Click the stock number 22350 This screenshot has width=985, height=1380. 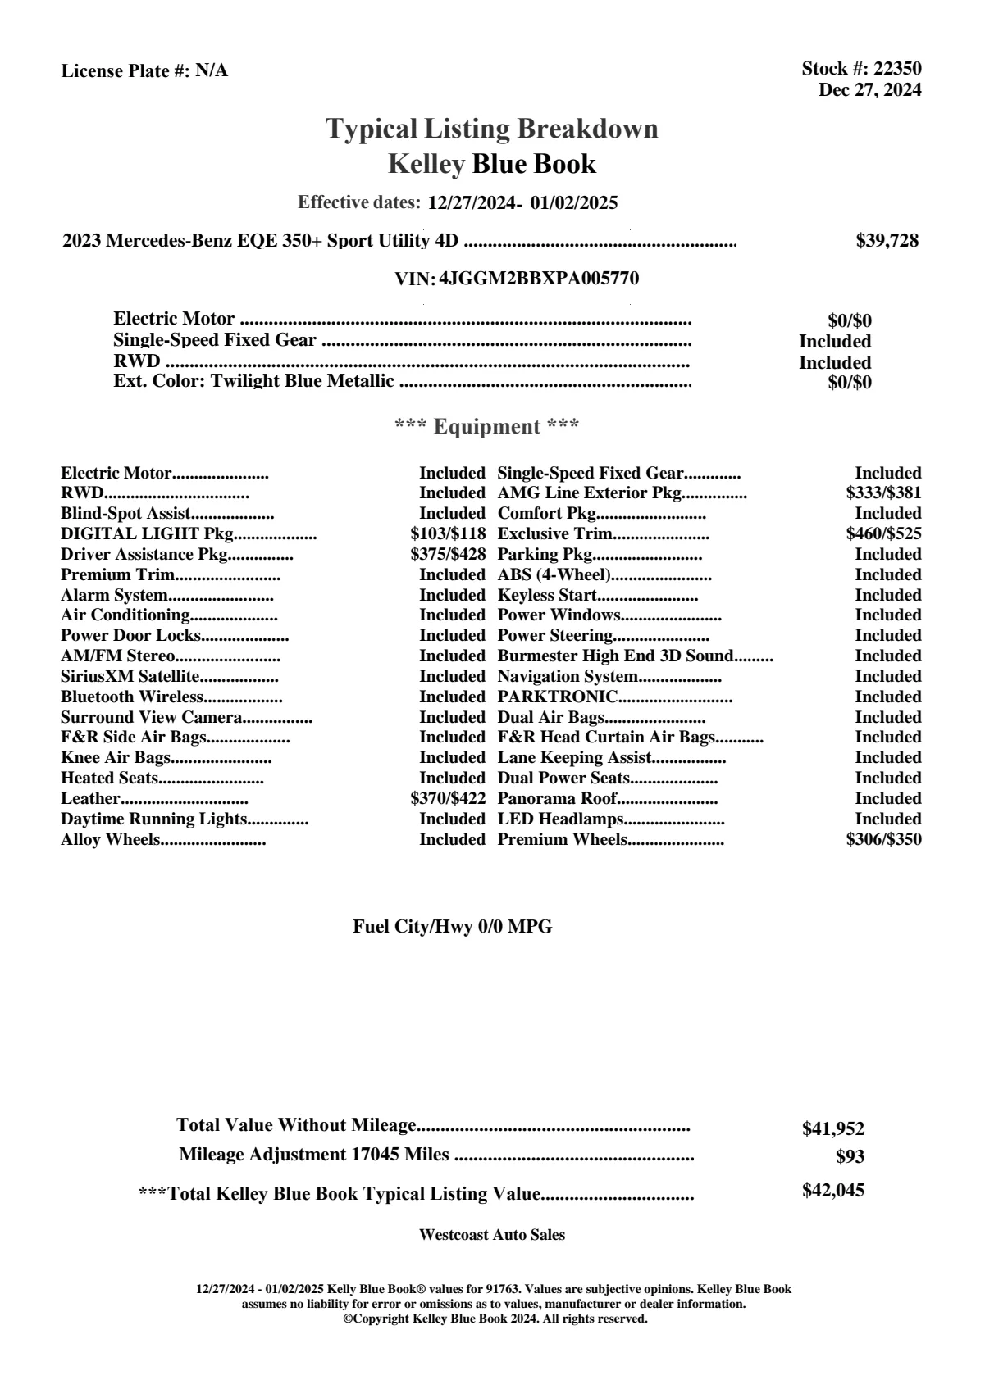(x=898, y=69)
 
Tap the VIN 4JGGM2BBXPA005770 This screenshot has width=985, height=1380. (x=539, y=279)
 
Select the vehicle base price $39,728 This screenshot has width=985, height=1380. (x=887, y=241)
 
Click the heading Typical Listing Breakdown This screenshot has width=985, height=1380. (x=492, y=129)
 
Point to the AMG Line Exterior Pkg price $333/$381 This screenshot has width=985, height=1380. (x=883, y=493)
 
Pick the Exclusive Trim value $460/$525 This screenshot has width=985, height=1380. (x=883, y=534)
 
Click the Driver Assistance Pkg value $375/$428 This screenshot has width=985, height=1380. (x=448, y=555)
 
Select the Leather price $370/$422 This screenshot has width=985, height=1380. (x=448, y=799)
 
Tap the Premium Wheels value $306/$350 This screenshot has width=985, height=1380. (x=883, y=840)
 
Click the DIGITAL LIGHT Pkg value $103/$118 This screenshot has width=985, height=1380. (x=448, y=534)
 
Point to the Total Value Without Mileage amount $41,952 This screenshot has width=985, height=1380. (x=833, y=1129)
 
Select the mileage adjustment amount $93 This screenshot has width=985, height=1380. (x=850, y=1157)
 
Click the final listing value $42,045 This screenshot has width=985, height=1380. (x=833, y=1191)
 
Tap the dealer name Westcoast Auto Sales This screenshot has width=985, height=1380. (x=492, y=1235)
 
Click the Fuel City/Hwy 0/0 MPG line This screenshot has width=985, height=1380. (x=453, y=927)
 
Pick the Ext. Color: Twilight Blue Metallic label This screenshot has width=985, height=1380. (x=253, y=382)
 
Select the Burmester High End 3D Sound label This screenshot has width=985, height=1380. (x=615, y=656)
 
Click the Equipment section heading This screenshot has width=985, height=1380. (x=487, y=427)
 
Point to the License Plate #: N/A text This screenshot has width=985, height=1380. (x=145, y=71)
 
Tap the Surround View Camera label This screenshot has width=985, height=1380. (x=152, y=718)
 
